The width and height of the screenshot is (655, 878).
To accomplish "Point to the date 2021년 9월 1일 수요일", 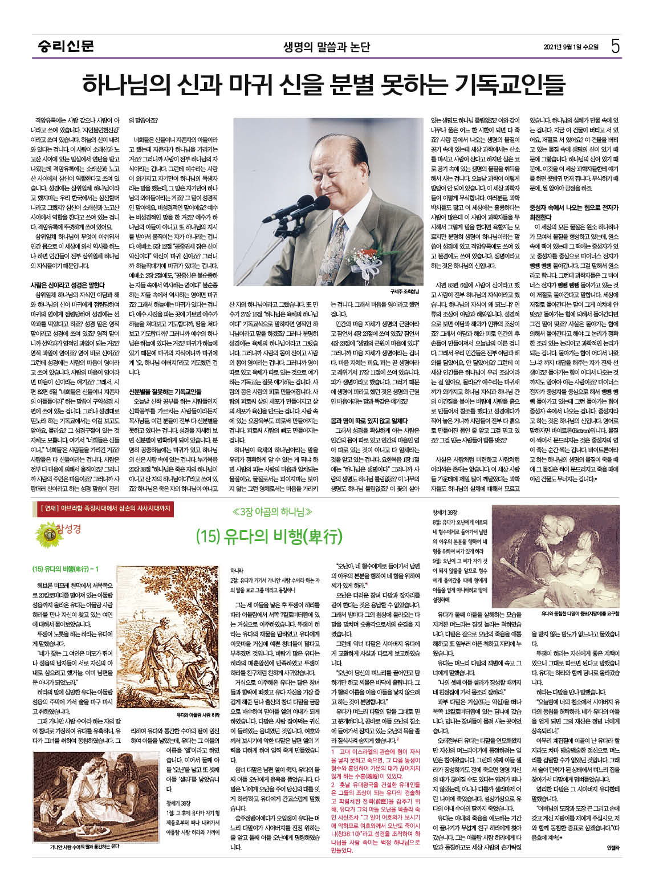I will click(571, 47).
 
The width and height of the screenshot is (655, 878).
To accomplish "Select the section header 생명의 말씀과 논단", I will click(327, 47).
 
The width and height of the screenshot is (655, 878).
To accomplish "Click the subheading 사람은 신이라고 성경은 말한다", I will click(67, 284).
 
